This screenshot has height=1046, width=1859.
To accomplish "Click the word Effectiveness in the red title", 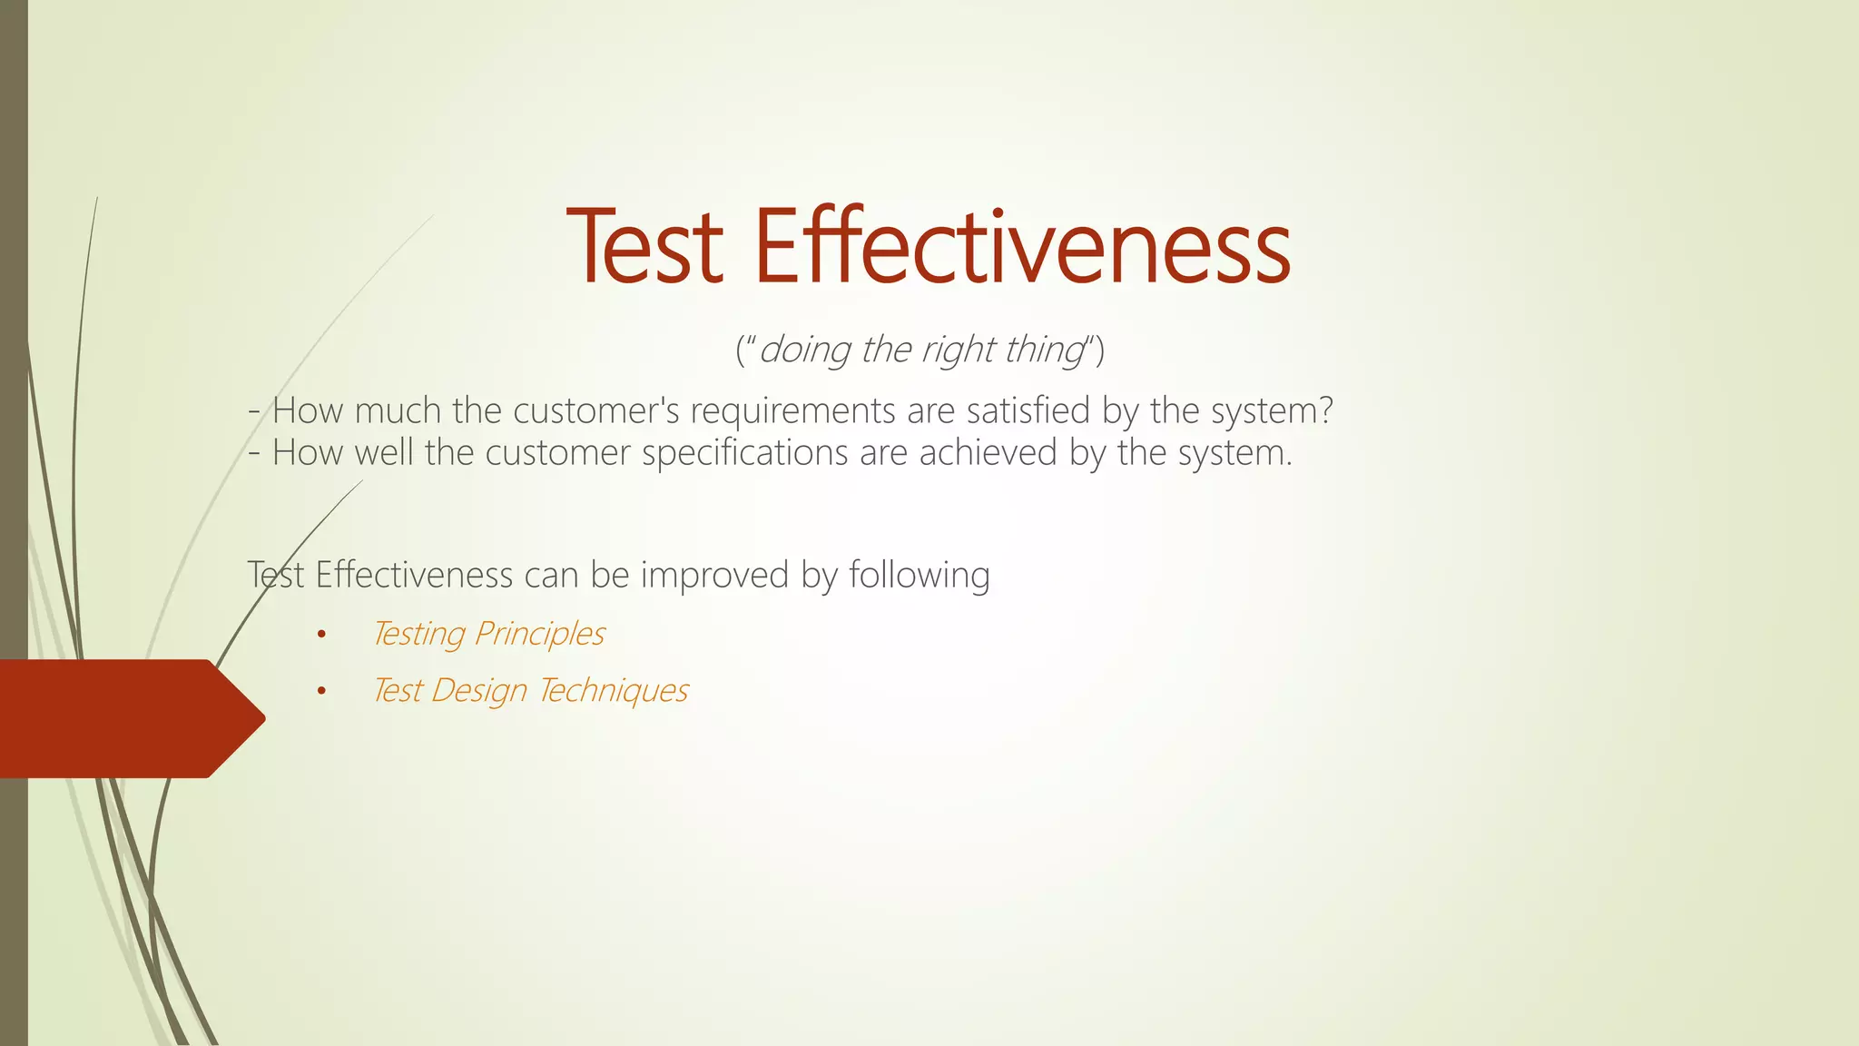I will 1022,247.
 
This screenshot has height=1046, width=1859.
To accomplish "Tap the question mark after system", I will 1325,410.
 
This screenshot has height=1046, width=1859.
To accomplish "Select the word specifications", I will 744,453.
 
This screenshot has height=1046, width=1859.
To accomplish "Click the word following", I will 919,576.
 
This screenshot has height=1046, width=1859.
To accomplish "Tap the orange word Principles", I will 539,634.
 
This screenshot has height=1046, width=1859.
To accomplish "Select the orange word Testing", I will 418,634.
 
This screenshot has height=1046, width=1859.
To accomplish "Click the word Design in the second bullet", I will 478,691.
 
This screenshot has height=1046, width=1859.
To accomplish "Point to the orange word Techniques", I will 613,691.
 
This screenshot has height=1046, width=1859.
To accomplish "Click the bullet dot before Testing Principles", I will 320,635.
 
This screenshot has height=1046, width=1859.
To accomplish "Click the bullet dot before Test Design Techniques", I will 320,692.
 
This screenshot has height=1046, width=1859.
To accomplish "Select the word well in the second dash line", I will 384,453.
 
